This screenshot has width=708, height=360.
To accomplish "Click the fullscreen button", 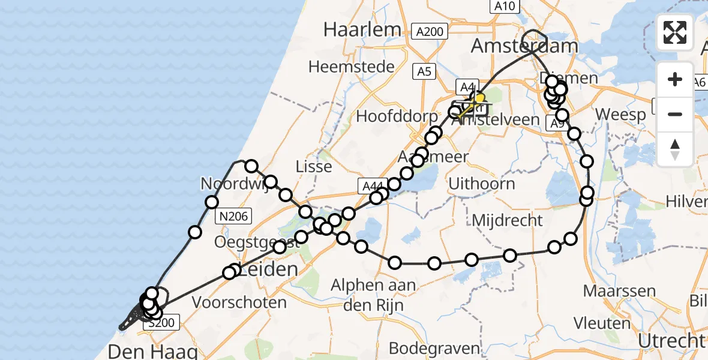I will [675, 32].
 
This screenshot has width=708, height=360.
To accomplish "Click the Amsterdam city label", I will [525, 46].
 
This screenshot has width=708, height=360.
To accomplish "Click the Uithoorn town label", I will [482, 183].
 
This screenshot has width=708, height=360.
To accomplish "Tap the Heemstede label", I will [352, 67].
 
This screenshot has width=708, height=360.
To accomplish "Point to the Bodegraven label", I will [434, 348].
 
